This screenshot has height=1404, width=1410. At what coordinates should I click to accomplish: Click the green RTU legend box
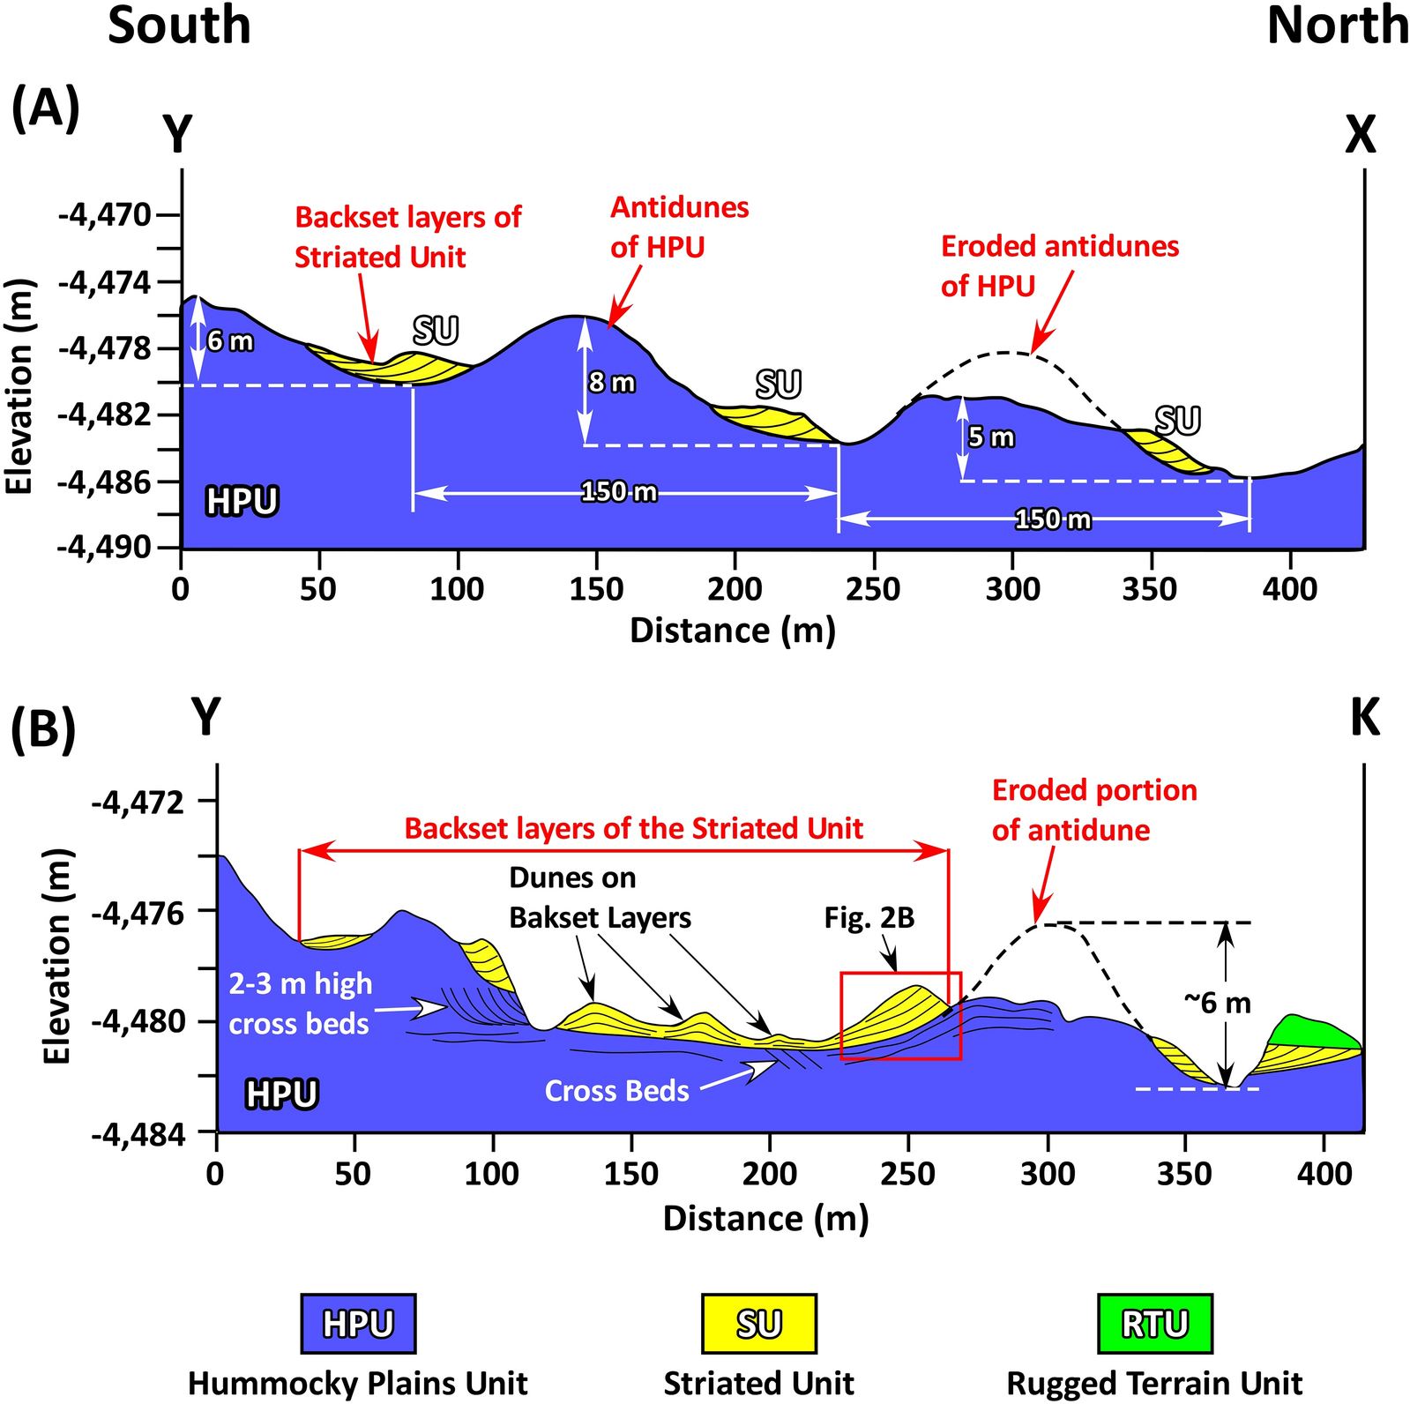coord(1154,1323)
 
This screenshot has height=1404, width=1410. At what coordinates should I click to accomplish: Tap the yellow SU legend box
coord(758,1323)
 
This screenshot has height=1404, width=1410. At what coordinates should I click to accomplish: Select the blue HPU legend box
coord(357,1323)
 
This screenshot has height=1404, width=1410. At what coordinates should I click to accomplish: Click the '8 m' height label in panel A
coord(612,383)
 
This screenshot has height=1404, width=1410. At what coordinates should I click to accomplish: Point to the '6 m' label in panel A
coord(230,341)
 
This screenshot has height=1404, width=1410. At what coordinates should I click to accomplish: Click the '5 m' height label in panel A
coord(991,437)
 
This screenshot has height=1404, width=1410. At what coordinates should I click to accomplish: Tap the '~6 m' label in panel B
coord(1217,1003)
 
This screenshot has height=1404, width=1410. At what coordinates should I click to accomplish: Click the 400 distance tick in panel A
coord(1289,588)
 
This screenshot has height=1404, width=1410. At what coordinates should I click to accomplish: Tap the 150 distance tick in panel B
coord(630,1174)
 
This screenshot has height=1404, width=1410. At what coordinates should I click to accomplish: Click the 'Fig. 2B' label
coord(869,919)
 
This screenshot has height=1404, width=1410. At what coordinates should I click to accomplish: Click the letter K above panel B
coord(1364,718)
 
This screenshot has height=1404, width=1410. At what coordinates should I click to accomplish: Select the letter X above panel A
coord(1360,136)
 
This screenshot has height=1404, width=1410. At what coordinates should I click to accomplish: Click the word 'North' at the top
coord(1337,26)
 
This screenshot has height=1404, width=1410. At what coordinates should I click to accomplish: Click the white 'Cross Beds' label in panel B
coord(616,1091)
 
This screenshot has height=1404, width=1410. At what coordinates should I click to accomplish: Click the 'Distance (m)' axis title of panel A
coord(732,631)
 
